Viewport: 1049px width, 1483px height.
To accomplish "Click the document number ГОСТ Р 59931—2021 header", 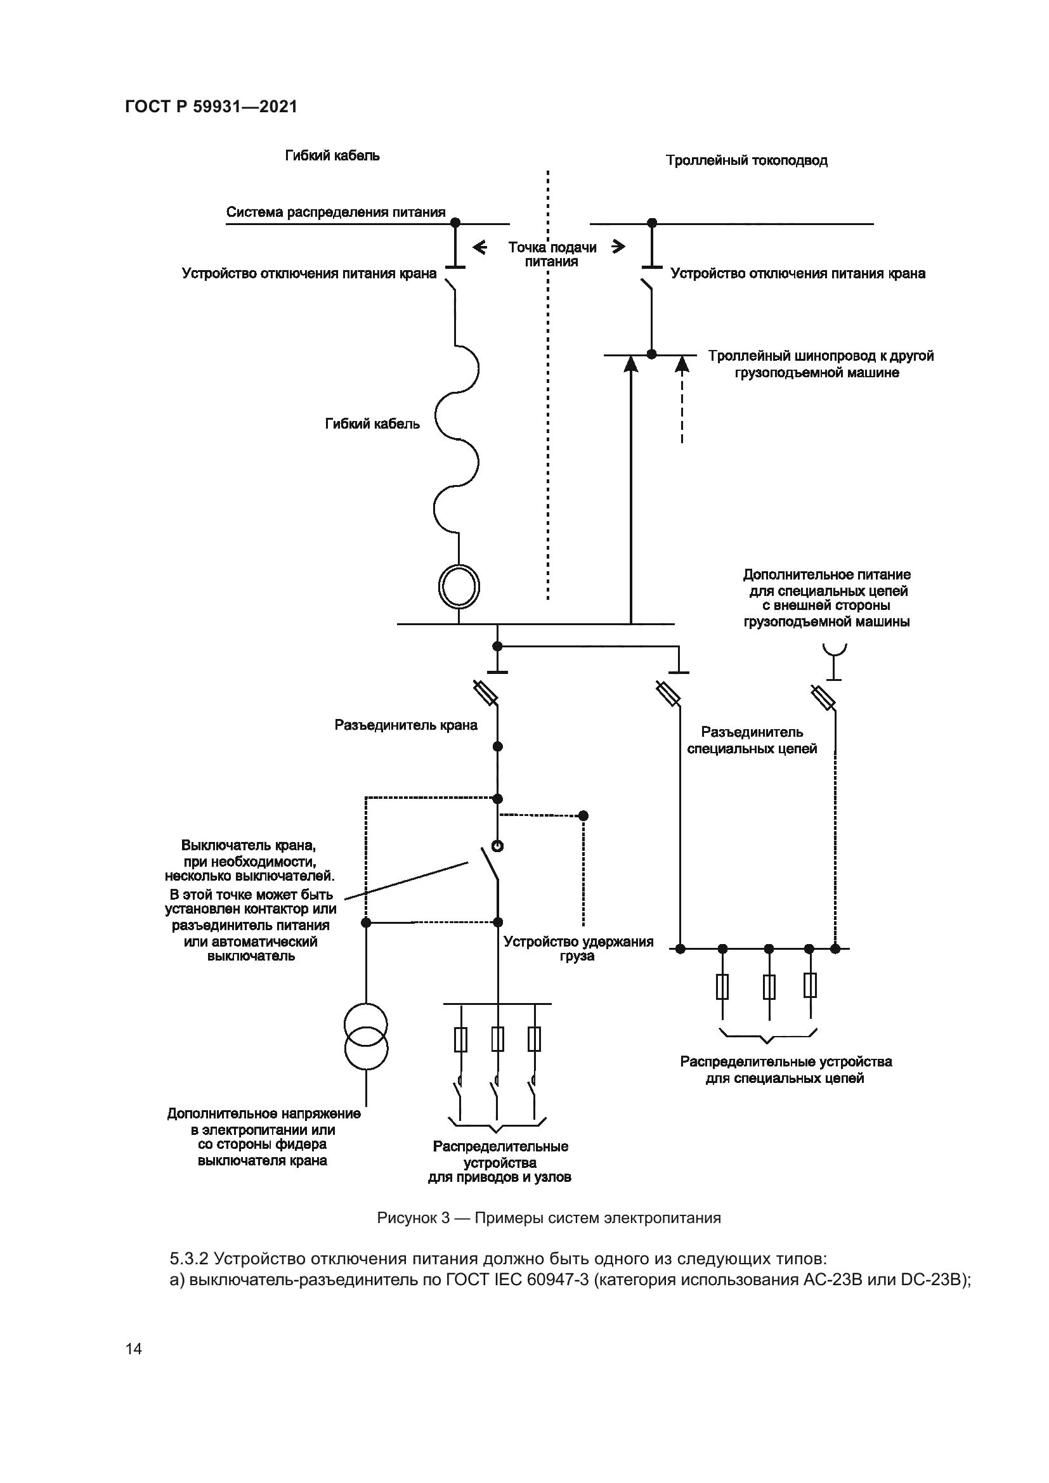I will click(211, 107).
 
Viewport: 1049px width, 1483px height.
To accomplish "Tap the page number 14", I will click(134, 1349).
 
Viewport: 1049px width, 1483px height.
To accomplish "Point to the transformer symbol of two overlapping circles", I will click(366, 1036).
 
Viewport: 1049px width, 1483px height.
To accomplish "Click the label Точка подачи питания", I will click(552, 254).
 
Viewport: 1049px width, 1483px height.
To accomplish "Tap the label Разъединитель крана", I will click(406, 725).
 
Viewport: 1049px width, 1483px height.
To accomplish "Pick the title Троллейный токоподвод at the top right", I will click(746, 160).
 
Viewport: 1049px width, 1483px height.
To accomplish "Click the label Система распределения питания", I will click(336, 212).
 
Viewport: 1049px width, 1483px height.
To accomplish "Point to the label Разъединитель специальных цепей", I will click(752, 740).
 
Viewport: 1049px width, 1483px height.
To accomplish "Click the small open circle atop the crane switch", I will click(497, 846).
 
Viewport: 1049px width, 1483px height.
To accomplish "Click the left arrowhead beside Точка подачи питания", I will click(479, 247).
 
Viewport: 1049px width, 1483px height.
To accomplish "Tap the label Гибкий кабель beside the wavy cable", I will click(372, 424).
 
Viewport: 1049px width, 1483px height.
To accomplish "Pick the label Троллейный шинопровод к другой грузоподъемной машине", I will click(820, 365).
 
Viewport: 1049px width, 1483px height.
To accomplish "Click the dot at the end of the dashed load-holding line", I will click(583, 816).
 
